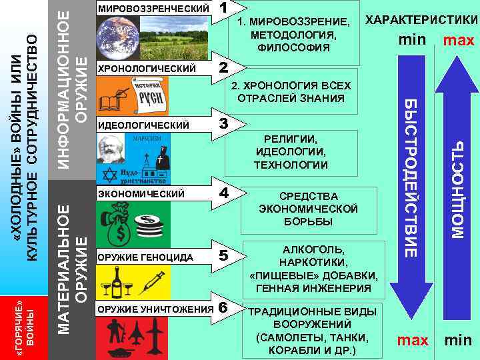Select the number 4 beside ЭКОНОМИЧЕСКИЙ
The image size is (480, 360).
(x=225, y=193)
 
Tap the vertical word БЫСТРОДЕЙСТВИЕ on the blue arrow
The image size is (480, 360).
(x=411, y=177)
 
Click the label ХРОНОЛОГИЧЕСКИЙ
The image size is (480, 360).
(x=147, y=69)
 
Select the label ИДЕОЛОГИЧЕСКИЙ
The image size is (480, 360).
(x=143, y=125)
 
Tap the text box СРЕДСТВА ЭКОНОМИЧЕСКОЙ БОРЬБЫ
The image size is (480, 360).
(x=307, y=209)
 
